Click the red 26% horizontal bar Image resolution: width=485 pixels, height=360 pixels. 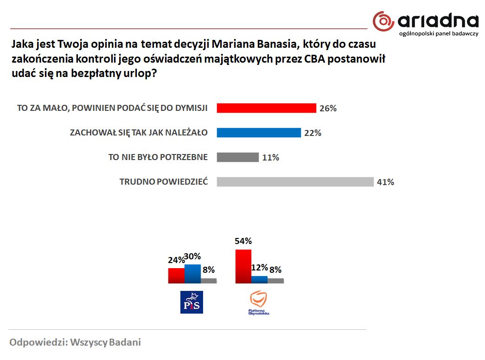267,108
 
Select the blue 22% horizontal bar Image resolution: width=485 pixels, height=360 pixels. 259,133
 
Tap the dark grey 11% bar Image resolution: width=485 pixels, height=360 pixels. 238,157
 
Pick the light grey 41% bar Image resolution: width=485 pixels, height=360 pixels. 295,182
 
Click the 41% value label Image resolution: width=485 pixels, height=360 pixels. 385,182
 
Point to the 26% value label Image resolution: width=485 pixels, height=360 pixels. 328,109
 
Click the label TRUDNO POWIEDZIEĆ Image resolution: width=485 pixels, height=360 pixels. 164,182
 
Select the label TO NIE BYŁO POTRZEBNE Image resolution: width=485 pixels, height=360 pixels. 158,157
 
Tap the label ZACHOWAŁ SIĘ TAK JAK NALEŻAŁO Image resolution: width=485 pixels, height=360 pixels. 139,133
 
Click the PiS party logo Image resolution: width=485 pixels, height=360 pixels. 191,302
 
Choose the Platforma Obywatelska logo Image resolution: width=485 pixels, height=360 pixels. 259,302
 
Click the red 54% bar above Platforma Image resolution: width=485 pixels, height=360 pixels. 243,266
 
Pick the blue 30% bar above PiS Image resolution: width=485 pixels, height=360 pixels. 192,274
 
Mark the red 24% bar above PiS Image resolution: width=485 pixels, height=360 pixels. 176,276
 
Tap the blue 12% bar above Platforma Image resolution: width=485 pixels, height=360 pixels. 260,279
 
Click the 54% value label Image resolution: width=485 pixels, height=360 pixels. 243,241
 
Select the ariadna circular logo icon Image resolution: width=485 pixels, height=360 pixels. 383,21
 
